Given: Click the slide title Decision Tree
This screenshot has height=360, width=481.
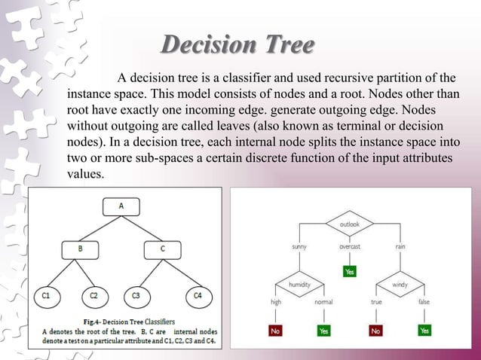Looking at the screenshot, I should pyautogui.click(x=237, y=46).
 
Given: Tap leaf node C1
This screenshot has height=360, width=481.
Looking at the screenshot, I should pyautogui.click(x=47, y=296).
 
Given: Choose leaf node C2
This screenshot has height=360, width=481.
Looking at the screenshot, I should pyautogui.click(x=93, y=296).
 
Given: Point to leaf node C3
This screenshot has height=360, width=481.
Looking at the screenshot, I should pyautogui.click(x=136, y=296).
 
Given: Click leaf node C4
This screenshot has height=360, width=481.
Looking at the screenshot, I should pyautogui.click(x=198, y=296).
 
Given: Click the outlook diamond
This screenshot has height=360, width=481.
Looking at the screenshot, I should pyautogui.click(x=349, y=224).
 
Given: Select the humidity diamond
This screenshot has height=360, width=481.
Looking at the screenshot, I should pyautogui.click(x=301, y=285).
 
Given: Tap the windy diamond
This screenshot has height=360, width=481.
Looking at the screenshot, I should pyautogui.click(x=400, y=285).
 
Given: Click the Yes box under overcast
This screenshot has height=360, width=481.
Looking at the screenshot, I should pyautogui.click(x=349, y=270).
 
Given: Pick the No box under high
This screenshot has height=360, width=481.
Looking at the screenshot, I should pyautogui.click(x=276, y=331).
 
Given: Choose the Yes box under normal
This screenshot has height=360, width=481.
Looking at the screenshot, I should pyautogui.click(x=323, y=331).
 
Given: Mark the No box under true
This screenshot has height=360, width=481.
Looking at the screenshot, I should pyautogui.click(x=375, y=331).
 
